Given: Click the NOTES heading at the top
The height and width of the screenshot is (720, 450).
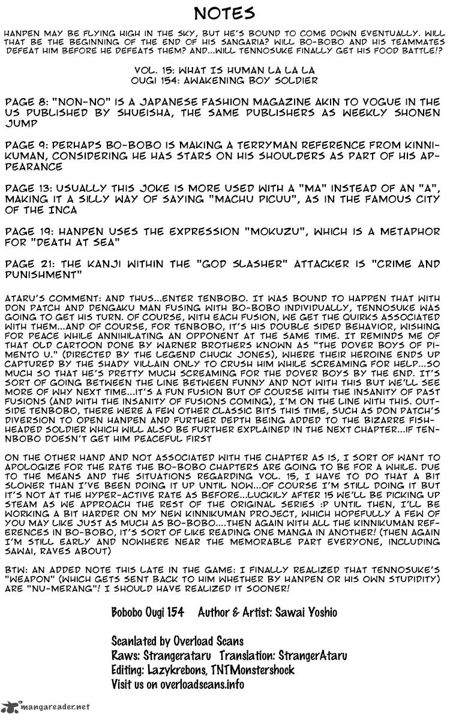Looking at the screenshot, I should click(x=225, y=13).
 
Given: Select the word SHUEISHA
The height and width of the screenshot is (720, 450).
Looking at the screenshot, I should click(x=131, y=112).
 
